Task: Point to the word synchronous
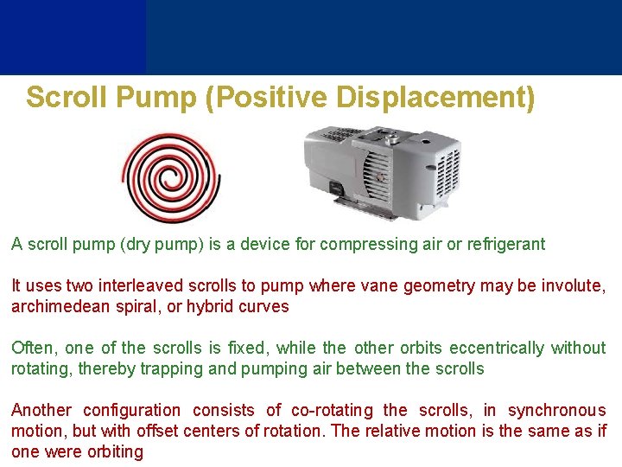coord(557,411)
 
